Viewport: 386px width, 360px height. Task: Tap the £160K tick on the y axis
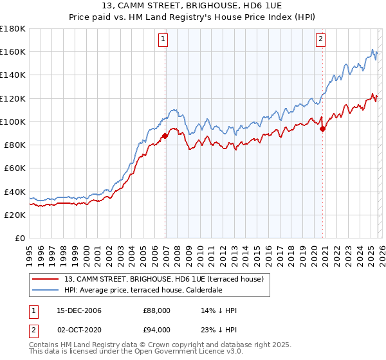(13, 51)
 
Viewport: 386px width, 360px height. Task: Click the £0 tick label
(20, 239)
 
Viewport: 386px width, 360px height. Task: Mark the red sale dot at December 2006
(165, 136)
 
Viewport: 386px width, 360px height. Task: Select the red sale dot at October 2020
(323, 129)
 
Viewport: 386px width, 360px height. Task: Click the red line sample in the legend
(45, 279)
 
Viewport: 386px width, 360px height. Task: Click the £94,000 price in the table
(156, 330)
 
